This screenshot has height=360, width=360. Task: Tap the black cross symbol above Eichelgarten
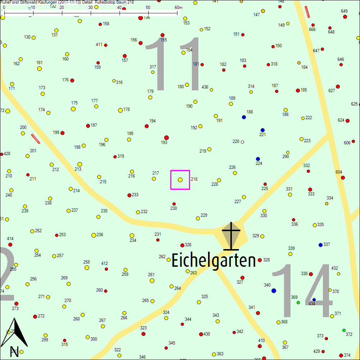click(x=231, y=236)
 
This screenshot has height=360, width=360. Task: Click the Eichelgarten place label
click(x=213, y=260)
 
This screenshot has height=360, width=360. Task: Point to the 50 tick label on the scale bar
click(x=148, y=8)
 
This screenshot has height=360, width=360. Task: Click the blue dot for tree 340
click(x=274, y=291)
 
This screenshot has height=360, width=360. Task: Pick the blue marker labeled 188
click(x=244, y=117)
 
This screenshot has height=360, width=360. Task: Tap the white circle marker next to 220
click(x=242, y=142)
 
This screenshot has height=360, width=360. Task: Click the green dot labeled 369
click(x=298, y=302)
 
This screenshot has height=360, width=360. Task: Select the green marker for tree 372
click(x=344, y=330)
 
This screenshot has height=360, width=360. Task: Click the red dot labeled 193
click(x=166, y=138)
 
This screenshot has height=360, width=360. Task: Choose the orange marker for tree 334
click(x=327, y=204)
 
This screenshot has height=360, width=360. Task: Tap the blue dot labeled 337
click(x=320, y=245)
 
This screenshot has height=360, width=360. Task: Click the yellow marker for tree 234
click(x=132, y=235)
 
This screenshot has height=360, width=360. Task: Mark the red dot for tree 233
click(x=129, y=195)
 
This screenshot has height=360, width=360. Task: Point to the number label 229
click(x=204, y=215)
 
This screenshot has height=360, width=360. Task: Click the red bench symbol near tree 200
click(x=36, y=139)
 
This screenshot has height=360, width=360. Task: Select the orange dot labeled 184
click(x=299, y=63)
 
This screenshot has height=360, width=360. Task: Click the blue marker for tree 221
click(x=262, y=130)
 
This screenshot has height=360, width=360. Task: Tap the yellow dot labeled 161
click(x=39, y=68)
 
